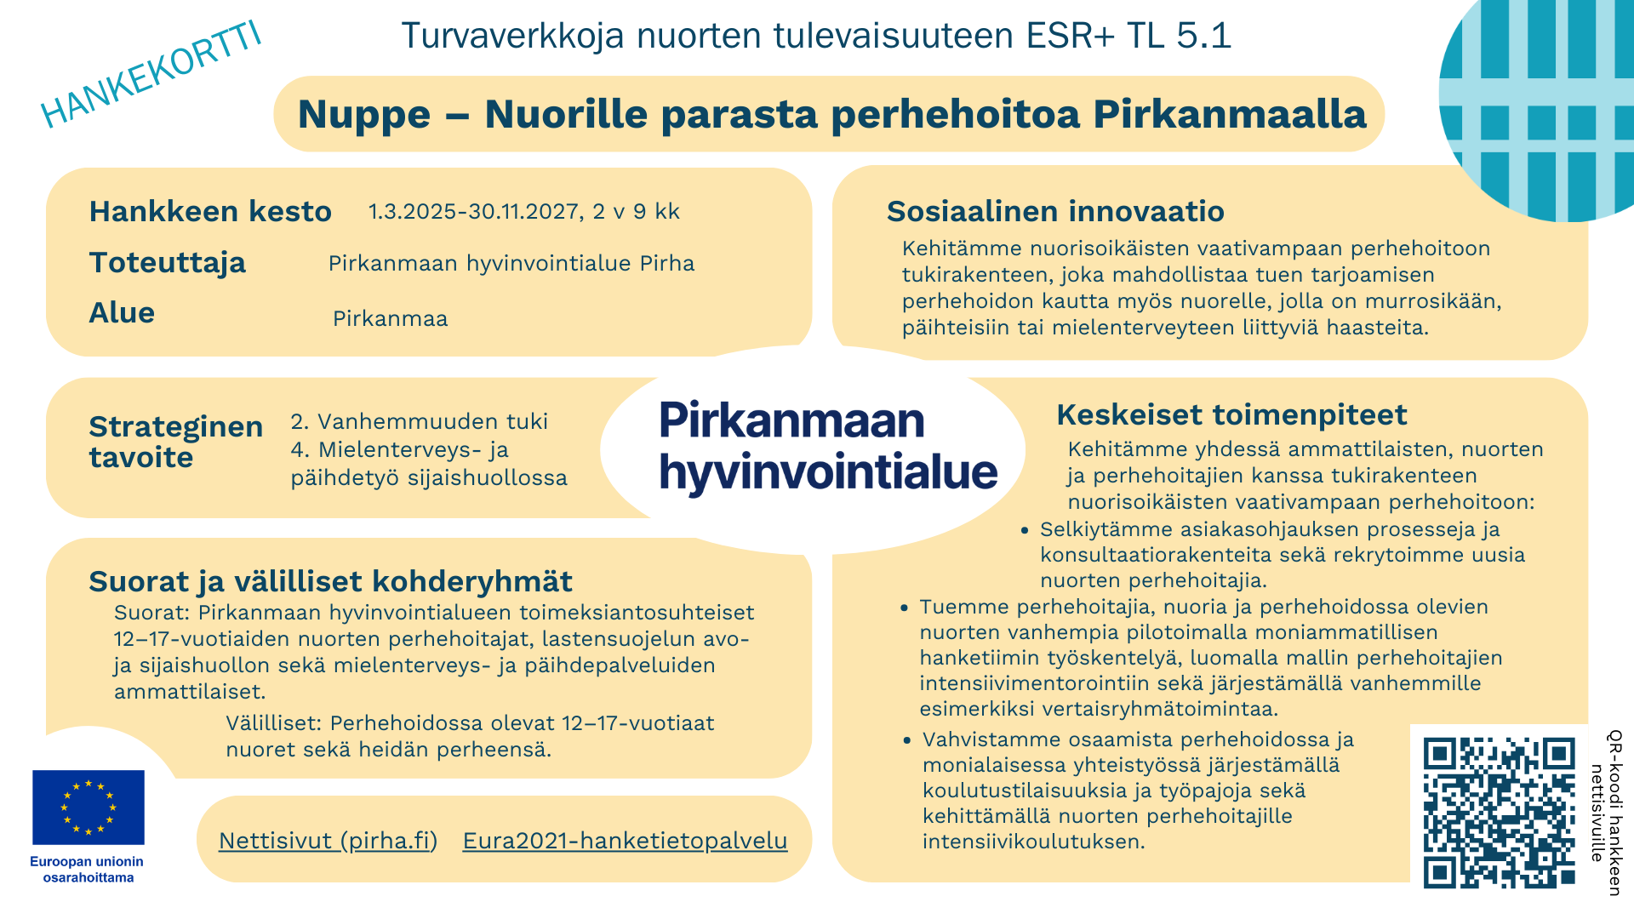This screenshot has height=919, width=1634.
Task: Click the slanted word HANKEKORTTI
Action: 151,75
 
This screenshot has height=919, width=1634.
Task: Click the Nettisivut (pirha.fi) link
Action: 328,841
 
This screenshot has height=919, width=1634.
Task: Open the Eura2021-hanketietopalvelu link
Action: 625,841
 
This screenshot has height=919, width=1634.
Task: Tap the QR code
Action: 1499,813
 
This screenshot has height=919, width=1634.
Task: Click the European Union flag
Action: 89,807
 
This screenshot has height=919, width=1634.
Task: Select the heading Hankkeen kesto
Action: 210,211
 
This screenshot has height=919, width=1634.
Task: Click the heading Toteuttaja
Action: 168,262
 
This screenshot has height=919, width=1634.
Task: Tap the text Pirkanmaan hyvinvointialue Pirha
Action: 511,264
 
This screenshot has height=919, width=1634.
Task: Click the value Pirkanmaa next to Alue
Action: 390,319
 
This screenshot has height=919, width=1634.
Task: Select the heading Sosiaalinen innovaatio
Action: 1055,211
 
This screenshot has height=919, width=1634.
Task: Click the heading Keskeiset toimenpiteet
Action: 1231,414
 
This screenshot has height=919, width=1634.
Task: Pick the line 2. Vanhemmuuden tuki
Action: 419,421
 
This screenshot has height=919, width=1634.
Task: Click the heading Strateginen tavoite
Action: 175,442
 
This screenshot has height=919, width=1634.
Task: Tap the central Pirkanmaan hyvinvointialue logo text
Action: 827,446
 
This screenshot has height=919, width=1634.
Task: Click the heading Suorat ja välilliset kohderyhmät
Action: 330,581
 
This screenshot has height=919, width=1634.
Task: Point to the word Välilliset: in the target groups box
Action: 273,723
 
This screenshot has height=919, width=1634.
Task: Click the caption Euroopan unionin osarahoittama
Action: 87,870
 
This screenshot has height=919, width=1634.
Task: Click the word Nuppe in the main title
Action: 364,115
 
